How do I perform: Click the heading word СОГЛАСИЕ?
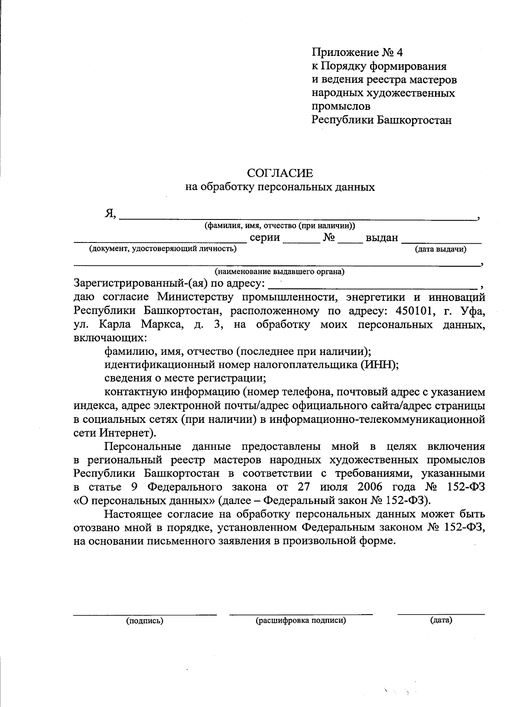tap(279, 173)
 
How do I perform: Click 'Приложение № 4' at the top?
tap(357, 53)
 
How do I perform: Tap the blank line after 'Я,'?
tap(297, 216)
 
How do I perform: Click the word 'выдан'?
tap(382, 238)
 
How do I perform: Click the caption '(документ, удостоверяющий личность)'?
tap(163, 249)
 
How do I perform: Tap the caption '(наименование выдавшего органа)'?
tap(279, 272)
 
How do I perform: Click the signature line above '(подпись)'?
tap(145, 612)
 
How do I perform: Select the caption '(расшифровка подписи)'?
tap(301, 620)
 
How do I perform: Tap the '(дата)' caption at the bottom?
tap(441, 620)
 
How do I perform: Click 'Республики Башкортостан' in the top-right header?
tap(381, 120)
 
